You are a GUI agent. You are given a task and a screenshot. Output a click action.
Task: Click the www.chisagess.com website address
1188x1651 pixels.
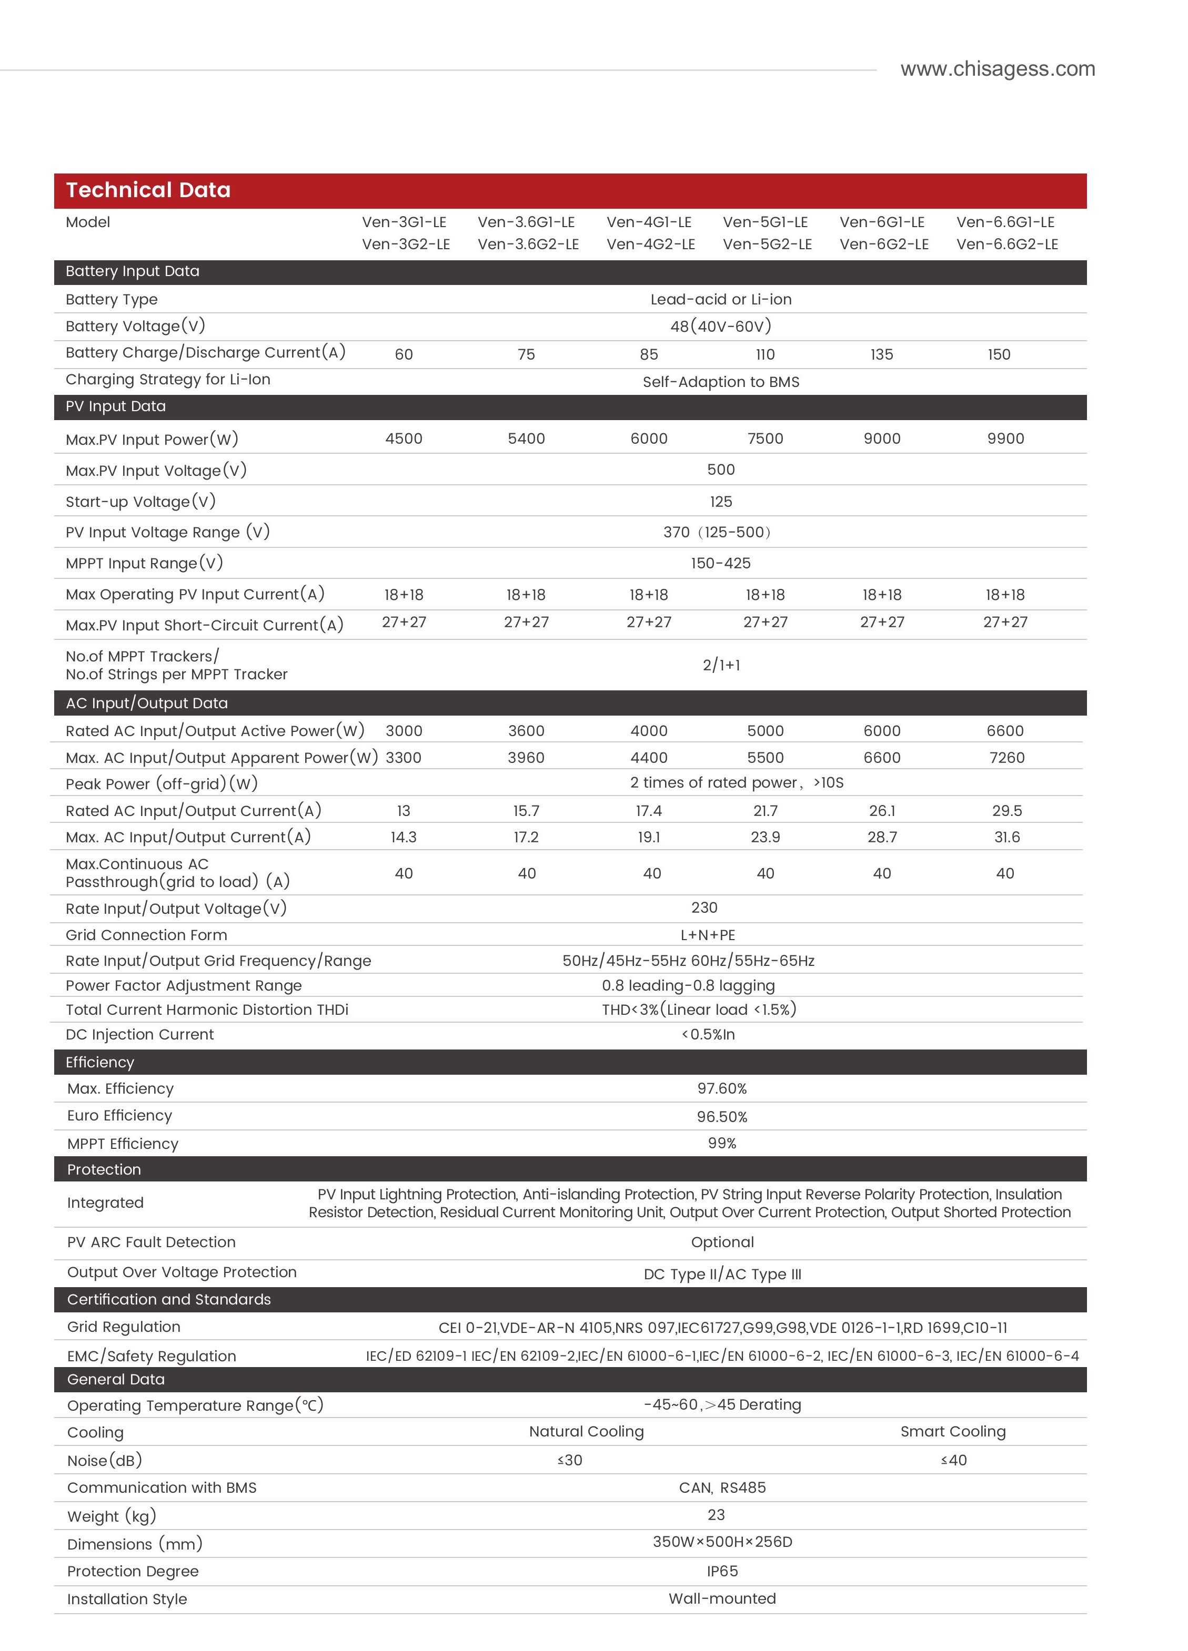(x=997, y=69)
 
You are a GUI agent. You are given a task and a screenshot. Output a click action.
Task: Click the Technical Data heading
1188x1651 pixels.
(x=148, y=190)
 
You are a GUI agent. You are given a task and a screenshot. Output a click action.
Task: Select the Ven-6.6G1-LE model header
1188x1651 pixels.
(x=1005, y=222)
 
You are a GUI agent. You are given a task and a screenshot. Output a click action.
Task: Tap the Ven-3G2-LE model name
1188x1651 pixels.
(x=406, y=244)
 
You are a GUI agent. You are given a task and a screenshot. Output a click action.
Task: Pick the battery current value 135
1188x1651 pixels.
(x=881, y=354)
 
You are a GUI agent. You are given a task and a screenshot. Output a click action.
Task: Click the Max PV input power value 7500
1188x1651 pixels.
(x=765, y=438)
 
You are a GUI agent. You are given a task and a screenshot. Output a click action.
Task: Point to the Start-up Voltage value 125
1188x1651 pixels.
(x=720, y=502)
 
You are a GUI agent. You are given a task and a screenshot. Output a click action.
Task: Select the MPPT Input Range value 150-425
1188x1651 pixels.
(x=720, y=563)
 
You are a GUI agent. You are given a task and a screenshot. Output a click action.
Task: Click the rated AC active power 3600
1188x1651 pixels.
(x=526, y=731)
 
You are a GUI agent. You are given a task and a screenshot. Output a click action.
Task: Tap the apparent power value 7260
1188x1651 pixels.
(x=1006, y=758)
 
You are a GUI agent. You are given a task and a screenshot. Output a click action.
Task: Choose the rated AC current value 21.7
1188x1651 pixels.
(x=765, y=811)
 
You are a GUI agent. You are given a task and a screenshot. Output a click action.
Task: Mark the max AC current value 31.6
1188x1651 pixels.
(x=1006, y=837)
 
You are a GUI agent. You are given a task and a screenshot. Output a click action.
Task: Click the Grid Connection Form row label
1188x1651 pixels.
(x=146, y=935)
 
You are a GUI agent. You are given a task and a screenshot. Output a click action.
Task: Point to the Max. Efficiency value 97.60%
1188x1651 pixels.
(x=722, y=1088)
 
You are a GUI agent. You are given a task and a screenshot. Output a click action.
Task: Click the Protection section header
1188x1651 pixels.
(x=104, y=1169)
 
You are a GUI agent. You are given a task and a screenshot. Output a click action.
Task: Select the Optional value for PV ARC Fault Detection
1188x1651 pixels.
(x=722, y=1242)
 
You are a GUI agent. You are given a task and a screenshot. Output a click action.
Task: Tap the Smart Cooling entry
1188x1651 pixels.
(x=953, y=1431)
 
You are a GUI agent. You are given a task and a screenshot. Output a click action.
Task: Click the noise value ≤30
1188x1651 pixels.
(x=570, y=1460)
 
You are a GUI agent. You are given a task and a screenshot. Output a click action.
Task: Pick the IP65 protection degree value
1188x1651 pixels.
(x=722, y=1571)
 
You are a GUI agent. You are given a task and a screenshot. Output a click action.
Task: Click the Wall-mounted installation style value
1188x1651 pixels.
(x=722, y=1598)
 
